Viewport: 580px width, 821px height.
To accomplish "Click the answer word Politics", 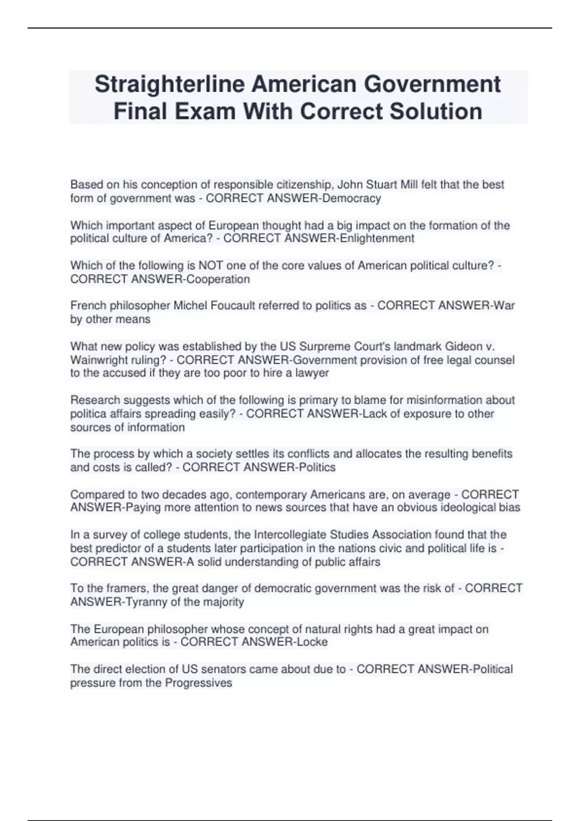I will coord(315,467).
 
